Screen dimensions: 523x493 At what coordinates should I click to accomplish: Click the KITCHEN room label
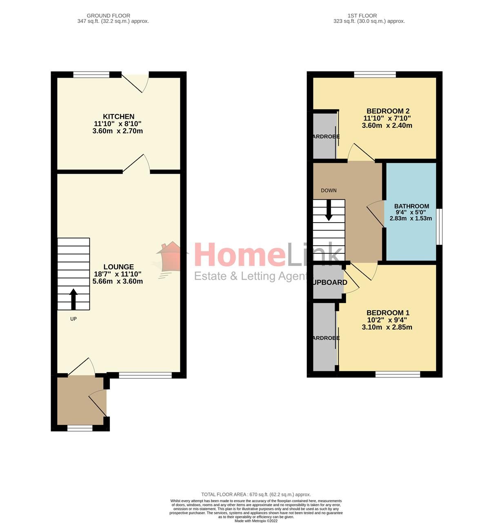pos(118,117)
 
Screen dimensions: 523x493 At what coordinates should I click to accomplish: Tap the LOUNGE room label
pos(118,267)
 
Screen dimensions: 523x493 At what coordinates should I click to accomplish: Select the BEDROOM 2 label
pos(388,111)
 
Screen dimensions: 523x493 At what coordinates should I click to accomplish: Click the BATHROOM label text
pos(411,206)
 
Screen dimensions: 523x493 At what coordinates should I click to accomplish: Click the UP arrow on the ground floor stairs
pos(73,299)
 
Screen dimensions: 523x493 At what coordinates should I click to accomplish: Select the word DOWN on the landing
pos(329,190)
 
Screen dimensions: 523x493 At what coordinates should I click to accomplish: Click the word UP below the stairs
pos(73,319)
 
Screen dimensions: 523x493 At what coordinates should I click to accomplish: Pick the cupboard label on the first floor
pos(330,282)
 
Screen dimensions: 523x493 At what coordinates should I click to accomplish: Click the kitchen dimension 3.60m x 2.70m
pos(118,131)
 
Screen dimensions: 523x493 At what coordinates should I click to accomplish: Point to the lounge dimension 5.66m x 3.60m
pos(118,282)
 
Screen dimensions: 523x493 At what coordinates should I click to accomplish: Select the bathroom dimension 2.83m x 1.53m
pos(411,219)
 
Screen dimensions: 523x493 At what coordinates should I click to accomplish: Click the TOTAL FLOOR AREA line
pos(256,494)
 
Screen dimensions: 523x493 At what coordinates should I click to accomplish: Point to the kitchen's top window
pos(91,74)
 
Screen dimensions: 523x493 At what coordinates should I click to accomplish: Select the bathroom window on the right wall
pos(439,227)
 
